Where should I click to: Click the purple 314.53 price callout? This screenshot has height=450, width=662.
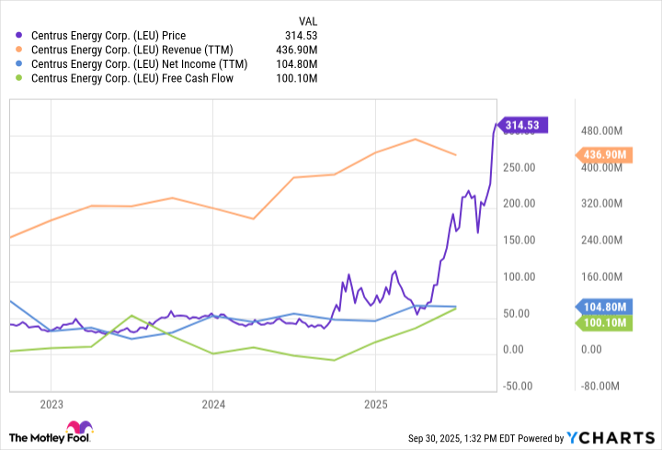click(x=521, y=126)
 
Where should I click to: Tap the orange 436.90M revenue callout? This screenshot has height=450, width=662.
click(x=603, y=155)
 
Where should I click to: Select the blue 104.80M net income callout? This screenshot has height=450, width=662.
click(x=603, y=307)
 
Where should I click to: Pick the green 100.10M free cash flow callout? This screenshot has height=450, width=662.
click(x=603, y=323)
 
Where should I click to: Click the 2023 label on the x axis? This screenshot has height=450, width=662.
click(x=51, y=404)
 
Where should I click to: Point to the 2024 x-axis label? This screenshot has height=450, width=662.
click(x=213, y=404)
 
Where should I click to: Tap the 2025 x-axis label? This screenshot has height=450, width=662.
click(x=375, y=404)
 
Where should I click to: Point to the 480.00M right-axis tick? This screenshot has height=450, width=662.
click(x=601, y=130)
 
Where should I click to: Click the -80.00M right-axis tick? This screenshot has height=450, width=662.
click(x=601, y=387)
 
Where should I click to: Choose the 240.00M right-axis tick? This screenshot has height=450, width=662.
click(x=601, y=241)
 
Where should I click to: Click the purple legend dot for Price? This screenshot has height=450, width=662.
click(x=20, y=36)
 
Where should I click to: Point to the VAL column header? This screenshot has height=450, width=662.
click(x=308, y=20)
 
